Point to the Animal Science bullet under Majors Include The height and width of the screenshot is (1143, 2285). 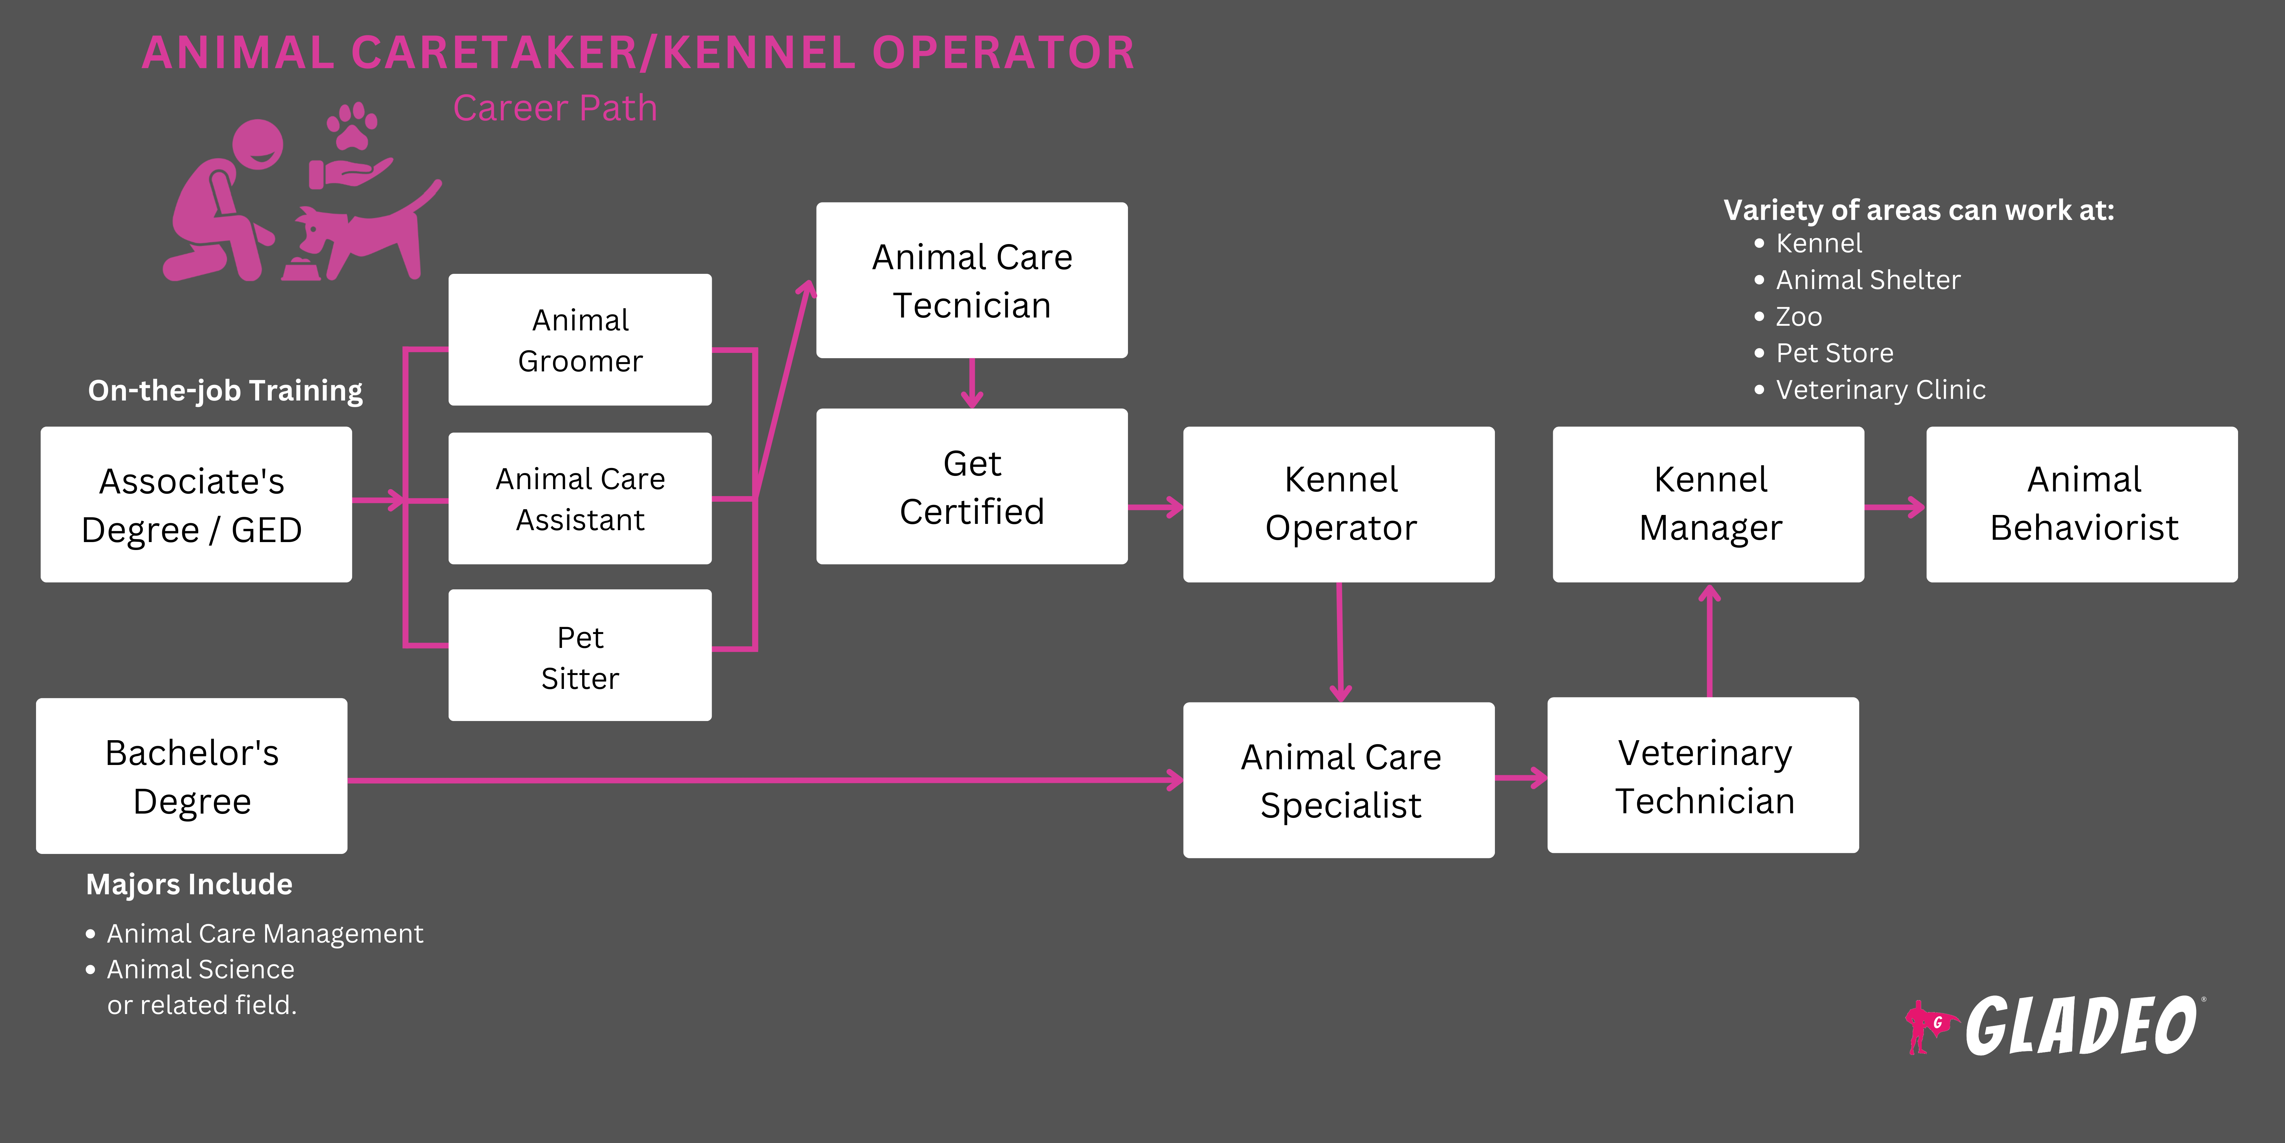click(x=200, y=969)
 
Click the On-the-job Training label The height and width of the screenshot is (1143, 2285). click(x=225, y=391)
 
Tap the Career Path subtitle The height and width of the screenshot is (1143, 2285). click(x=555, y=108)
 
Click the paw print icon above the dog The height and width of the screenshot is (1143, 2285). click(x=352, y=126)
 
